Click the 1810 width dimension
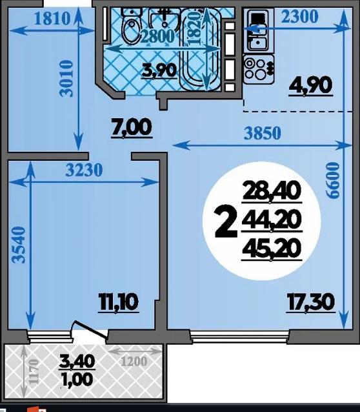pyautogui.click(x=52, y=19)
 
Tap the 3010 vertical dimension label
pyautogui.click(x=66, y=79)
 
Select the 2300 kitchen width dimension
pyautogui.click(x=299, y=16)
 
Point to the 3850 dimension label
pyautogui.click(x=263, y=133)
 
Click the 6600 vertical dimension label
pyautogui.click(x=333, y=180)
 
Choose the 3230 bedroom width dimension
pyautogui.click(x=84, y=170)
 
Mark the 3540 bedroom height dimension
pyautogui.click(x=19, y=245)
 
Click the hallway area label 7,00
pyautogui.click(x=132, y=127)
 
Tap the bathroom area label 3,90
pyautogui.click(x=159, y=70)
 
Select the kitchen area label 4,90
pyautogui.click(x=310, y=86)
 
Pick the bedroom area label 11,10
pyautogui.click(x=119, y=302)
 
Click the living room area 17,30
pyautogui.click(x=311, y=302)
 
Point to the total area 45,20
pyautogui.click(x=272, y=249)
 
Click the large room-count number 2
pyautogui.click(x=226, y=221)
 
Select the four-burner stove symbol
pyautogui.click(x=259, y=69)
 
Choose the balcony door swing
pyautogui.click(x=90, y=329)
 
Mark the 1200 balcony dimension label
pyautogui.click(x=134, y=362)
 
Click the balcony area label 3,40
pyautogui.click(x=77, y=361)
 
